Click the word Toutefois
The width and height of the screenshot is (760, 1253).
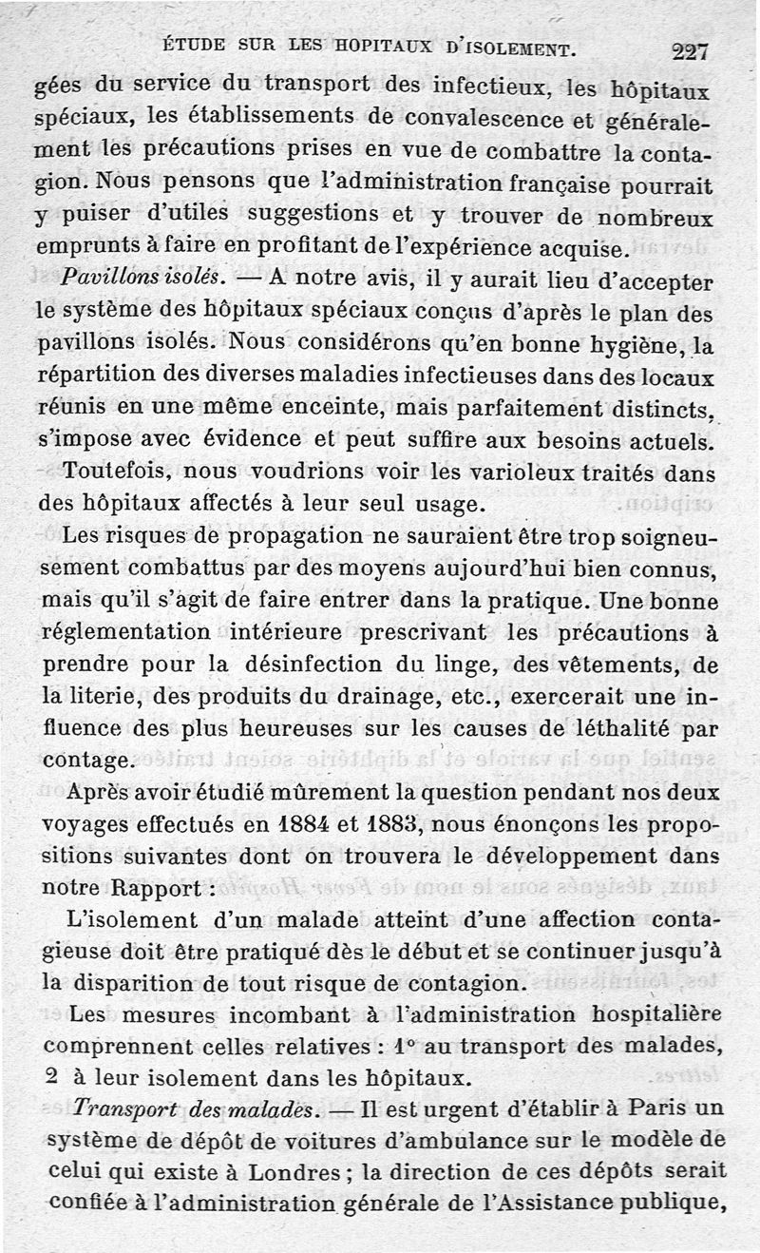pyautogui.click(x=116, y=472)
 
